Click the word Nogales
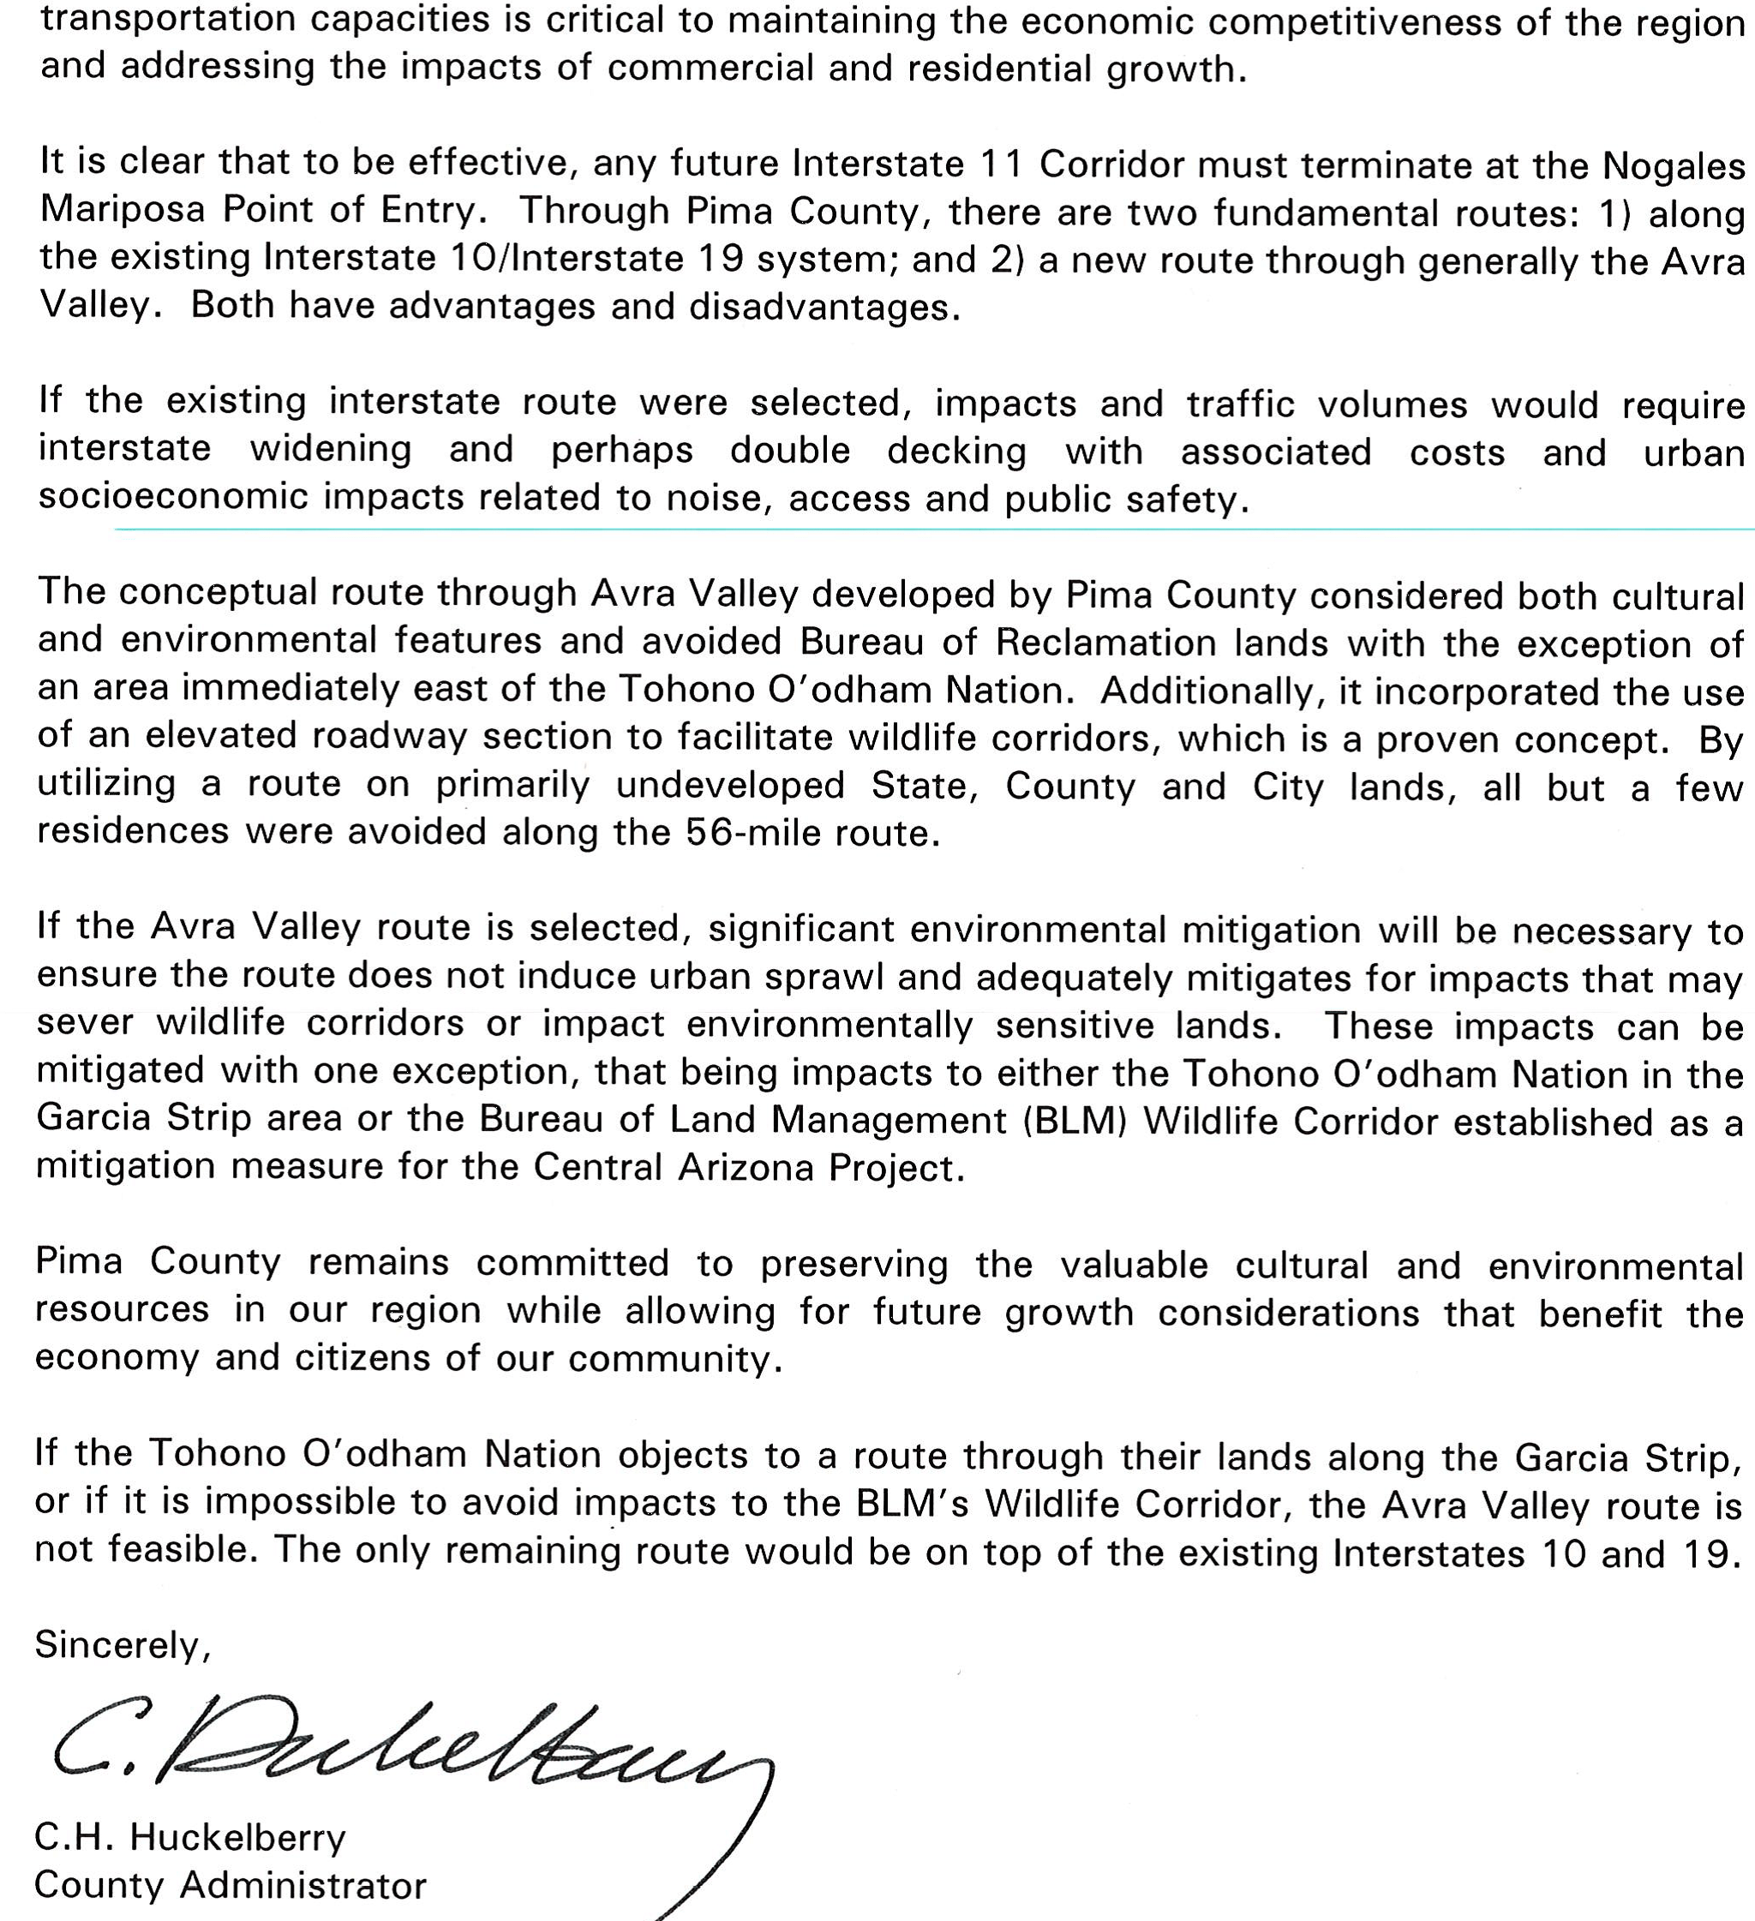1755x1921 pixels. tap(1673, 166)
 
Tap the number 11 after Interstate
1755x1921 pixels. tap(1002, 164)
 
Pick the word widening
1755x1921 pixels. tap(331, 449)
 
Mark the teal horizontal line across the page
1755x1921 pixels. tap(934, 528)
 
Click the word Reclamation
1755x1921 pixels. tap(1106, 643)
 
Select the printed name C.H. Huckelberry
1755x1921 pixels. tap(189, 1836)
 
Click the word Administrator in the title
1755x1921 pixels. tap(303, 1885)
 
